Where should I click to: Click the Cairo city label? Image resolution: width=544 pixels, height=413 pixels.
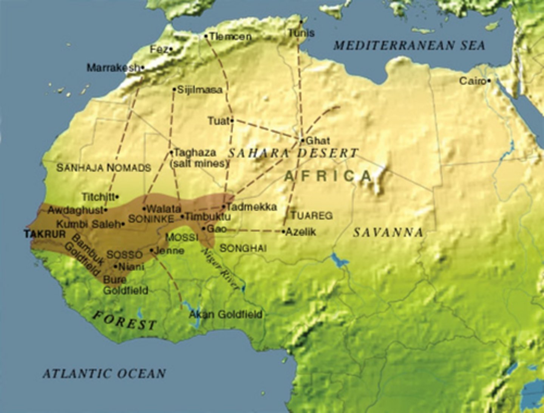(x=472, y=81)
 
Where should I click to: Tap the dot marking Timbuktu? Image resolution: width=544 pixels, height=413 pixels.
(x=182, y=217)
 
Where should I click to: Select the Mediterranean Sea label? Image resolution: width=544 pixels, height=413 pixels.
(x=409, y=46)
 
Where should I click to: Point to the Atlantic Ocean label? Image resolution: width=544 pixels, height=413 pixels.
(x=104, y=373)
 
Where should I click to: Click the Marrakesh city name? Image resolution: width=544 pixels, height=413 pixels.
(x=113, y=68)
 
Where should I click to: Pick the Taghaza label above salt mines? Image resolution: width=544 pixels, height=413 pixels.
(x=195, y=153)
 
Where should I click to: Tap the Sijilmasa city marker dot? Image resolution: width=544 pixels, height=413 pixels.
(x=174, y=89)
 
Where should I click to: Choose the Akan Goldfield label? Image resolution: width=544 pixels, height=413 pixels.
(x=226, y=314)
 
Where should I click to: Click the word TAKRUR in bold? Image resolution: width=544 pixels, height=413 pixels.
(x=45, y=234)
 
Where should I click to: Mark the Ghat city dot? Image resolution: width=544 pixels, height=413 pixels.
(x=302, y=140)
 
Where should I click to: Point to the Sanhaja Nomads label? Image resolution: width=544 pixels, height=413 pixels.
(x=104, y=168)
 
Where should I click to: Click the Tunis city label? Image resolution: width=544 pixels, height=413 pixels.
(x=301, y=33)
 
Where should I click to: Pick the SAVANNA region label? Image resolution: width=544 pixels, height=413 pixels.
(x=388, y=233)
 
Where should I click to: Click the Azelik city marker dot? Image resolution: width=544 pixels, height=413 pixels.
(x=283, y=231)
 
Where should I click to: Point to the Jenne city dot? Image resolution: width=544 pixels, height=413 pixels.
(x=151, y=250)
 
